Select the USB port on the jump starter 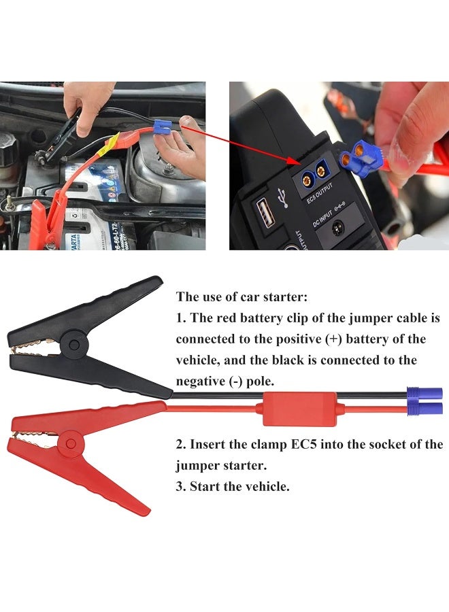point(266,216)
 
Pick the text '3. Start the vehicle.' point(233,486)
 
